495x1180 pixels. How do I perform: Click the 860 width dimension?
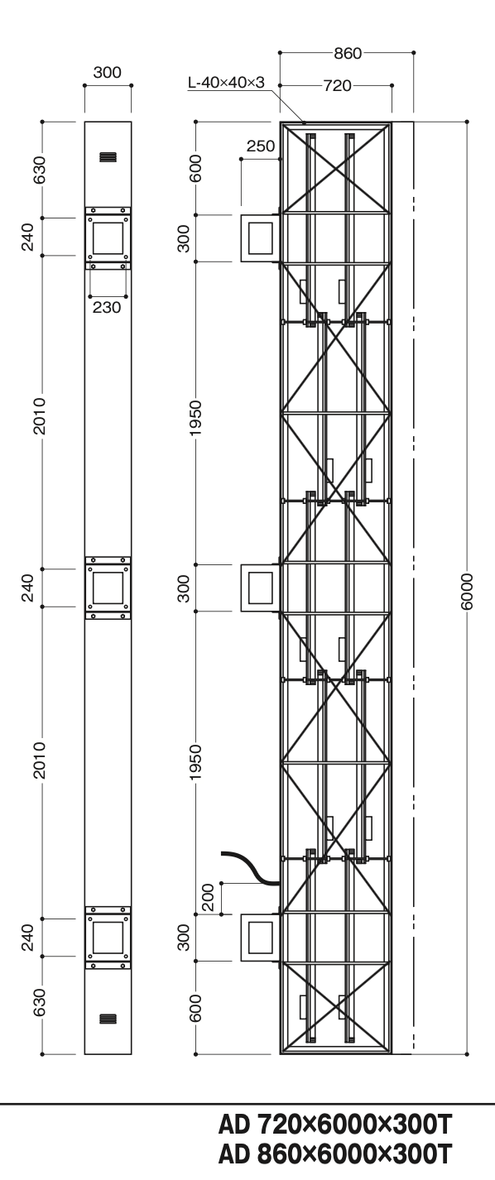point(348,53)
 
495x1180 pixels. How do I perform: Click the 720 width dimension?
point(337,85)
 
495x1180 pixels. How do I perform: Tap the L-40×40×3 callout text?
point(226,83)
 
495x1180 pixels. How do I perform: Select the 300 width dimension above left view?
point(107,73)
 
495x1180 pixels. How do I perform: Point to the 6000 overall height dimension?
point(467,592)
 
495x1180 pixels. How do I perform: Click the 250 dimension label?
point(261,146)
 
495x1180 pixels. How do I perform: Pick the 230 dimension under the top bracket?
point(107,307)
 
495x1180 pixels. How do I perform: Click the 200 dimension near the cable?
point(209,898)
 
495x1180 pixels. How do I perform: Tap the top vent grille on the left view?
point(108,157)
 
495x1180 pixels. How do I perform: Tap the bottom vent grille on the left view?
point(108,1019)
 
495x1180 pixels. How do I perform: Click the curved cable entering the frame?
point(252,867)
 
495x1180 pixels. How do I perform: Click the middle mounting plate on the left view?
point(108,588)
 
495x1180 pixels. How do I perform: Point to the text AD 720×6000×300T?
point(335,1125)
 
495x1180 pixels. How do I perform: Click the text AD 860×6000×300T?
point(335,1154)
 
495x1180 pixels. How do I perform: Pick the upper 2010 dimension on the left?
point(40,416)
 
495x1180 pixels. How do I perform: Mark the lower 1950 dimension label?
point(195,762)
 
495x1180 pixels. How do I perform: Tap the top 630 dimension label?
point(40,170)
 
